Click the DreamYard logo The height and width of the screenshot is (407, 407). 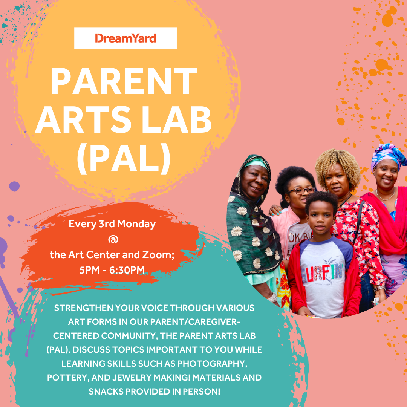(125, 38)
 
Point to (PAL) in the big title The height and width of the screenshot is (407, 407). (124, 159)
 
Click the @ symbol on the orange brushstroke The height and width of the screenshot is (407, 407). (112, 239)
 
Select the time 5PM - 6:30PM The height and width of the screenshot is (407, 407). (112, 270)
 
